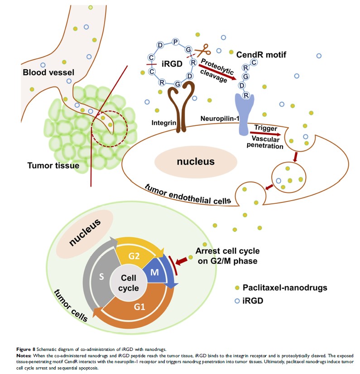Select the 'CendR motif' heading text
[261, 55]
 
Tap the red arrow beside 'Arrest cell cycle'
[183, 261]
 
